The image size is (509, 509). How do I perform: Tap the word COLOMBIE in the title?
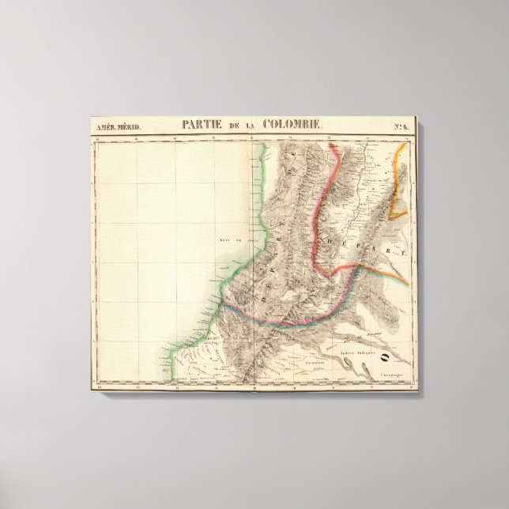292,124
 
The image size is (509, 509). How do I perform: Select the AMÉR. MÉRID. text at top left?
115,126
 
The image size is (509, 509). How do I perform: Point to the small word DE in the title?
234,125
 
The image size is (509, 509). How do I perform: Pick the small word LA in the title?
252,125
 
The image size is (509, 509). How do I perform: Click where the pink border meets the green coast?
223,303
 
